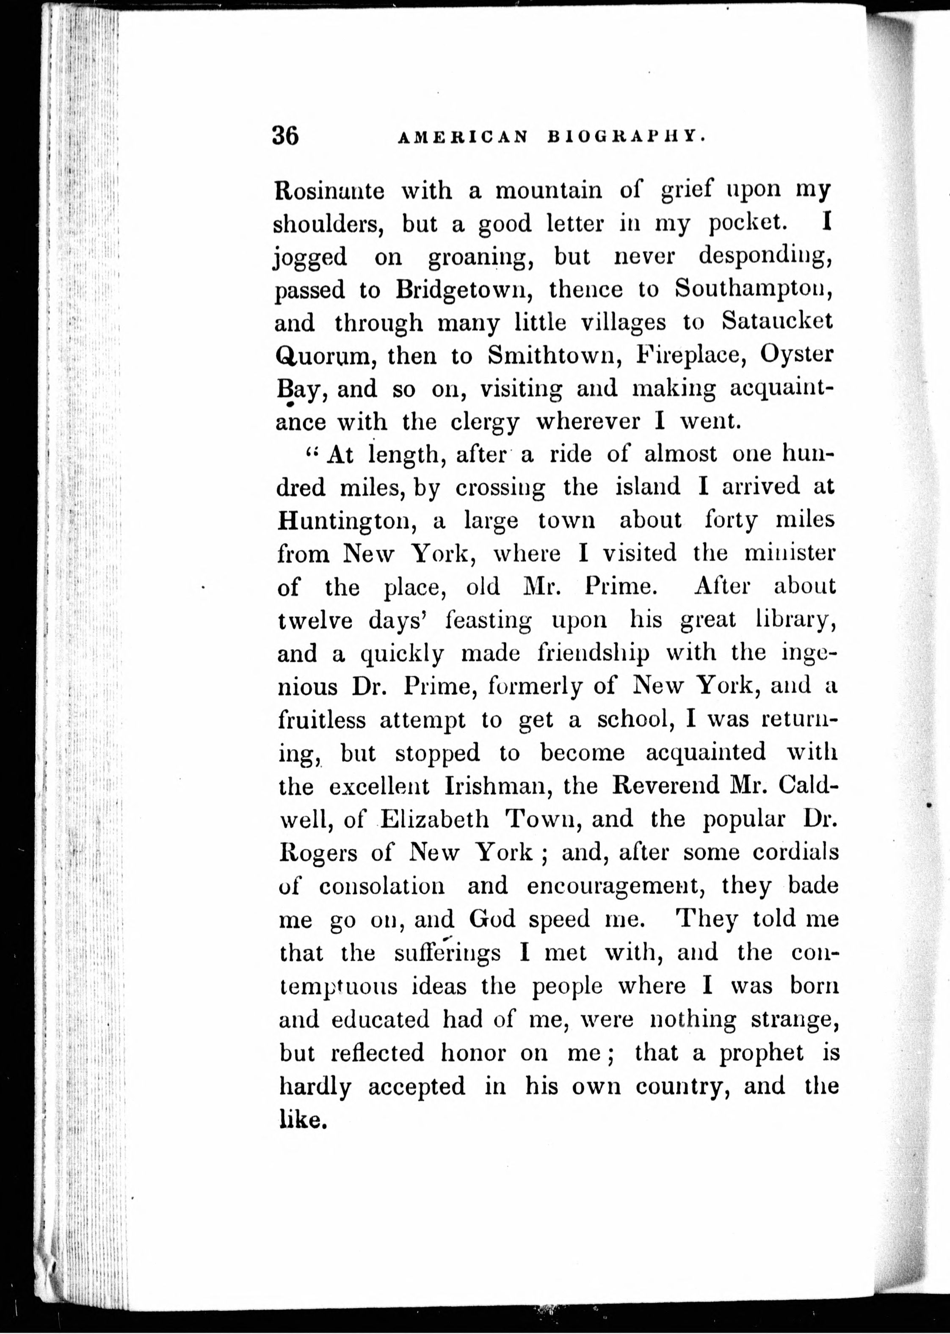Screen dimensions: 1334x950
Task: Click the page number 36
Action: pyautogui.click(x=285, y=136)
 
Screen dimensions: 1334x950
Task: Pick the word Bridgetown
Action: pyautogui.click(x=463, y=289)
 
